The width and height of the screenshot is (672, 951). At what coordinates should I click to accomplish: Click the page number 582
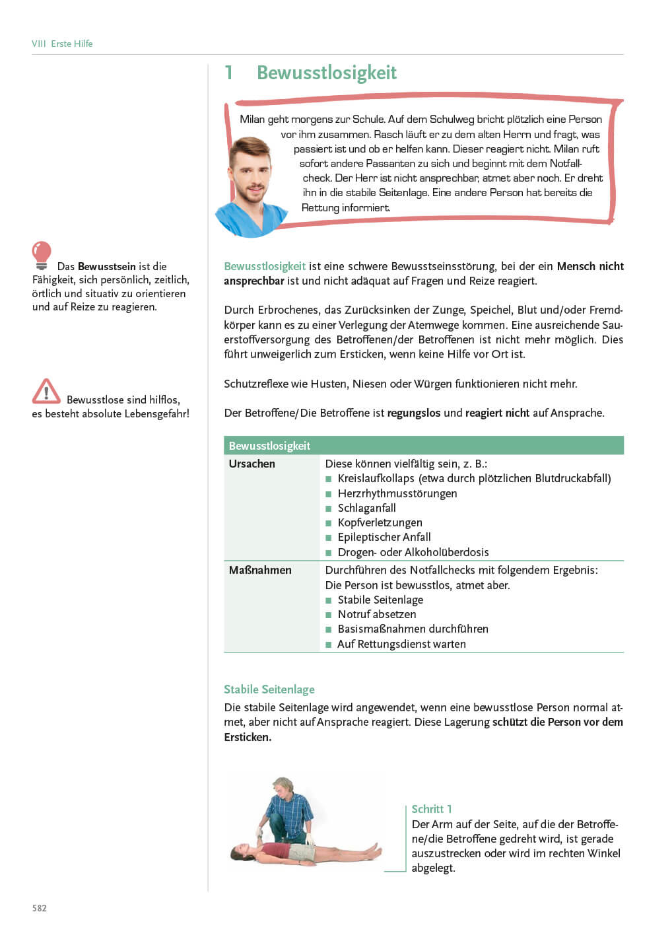coord(40,908)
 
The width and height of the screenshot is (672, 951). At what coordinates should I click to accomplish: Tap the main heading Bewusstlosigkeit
coord(326,73)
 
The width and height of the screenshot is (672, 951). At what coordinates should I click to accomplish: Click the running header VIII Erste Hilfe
coord(62,44)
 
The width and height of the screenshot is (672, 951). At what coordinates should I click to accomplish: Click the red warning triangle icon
coord(46,392)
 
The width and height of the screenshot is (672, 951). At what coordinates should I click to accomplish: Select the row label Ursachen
coord(252,464)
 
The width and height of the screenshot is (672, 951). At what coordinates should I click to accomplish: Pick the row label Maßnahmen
coord(260,570)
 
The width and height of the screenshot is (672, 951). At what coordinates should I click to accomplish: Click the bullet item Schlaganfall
coord(366,508)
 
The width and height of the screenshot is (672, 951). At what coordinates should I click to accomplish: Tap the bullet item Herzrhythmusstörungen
coord(397,493)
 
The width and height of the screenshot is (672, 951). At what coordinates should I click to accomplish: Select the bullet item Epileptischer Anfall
coord(384,537)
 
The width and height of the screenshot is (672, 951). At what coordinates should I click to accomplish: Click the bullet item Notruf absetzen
coord(376,614)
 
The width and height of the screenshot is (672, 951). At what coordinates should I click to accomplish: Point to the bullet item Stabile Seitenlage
coord(380,600)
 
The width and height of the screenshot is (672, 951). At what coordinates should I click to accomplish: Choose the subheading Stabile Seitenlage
coord(269,689)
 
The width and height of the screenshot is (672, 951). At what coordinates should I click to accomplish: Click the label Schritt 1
coord(432,809)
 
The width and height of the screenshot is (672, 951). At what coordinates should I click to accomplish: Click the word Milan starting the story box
coord(252,120)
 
